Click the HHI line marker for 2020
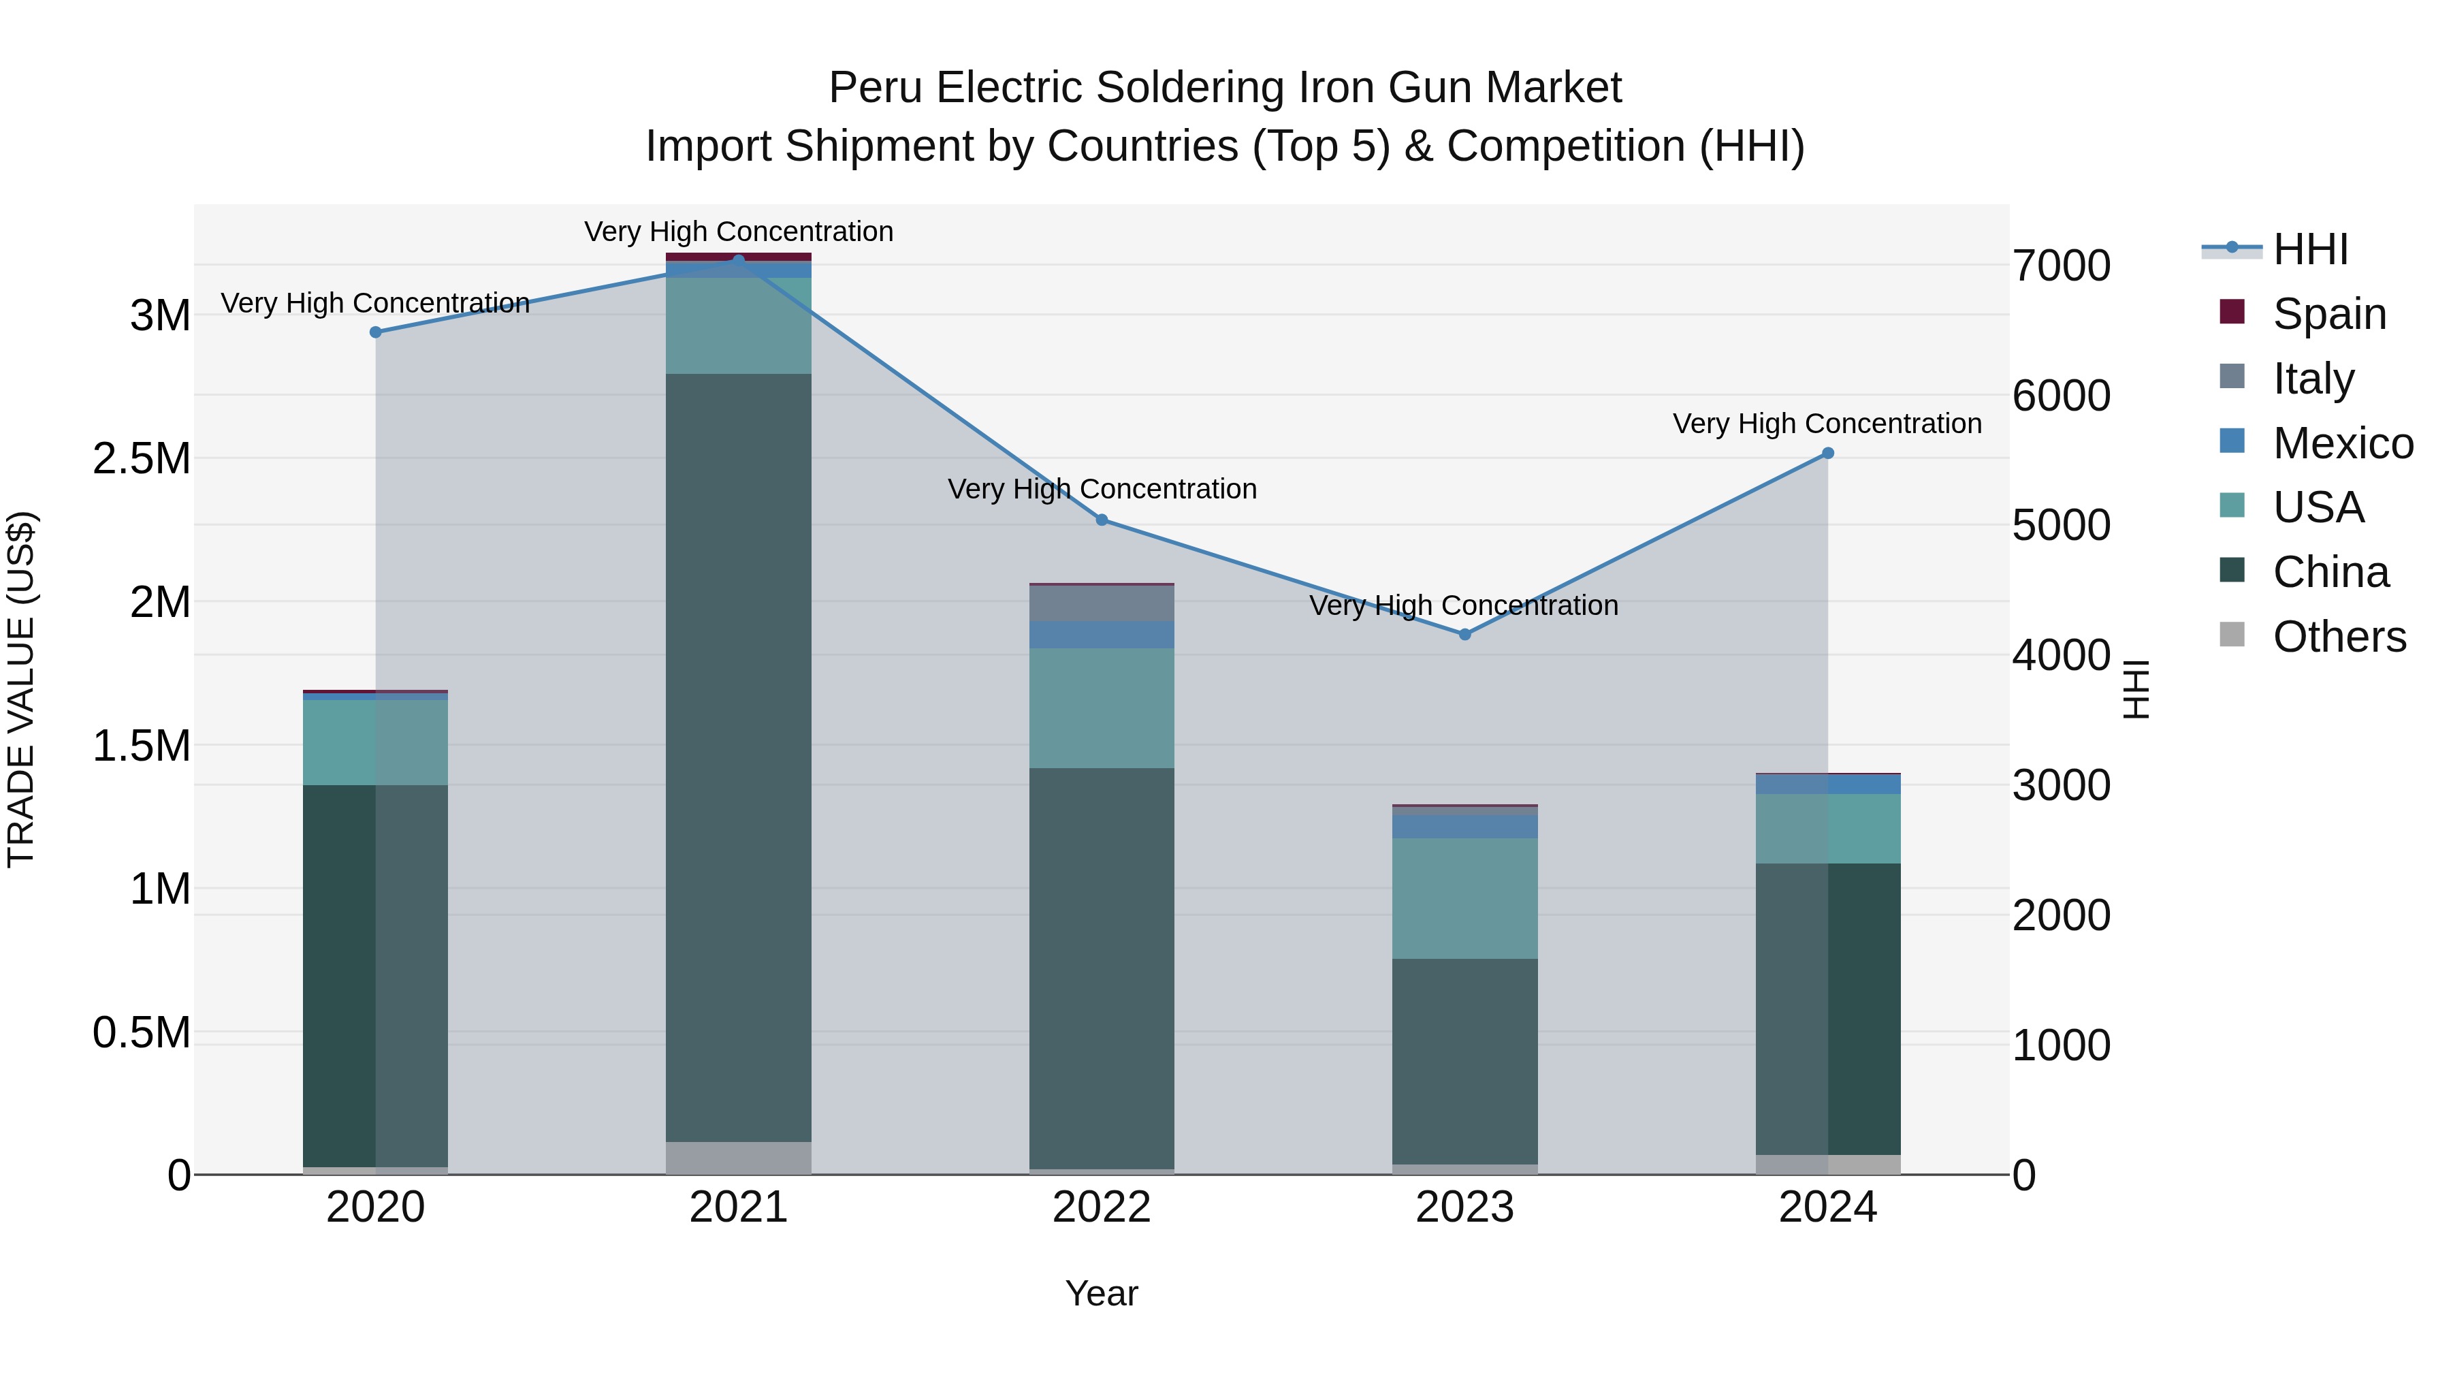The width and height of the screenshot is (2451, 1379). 376,332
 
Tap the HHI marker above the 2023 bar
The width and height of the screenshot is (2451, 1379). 1465,635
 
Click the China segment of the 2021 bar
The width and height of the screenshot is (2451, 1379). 738,757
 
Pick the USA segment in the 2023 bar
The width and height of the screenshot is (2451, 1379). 1465,898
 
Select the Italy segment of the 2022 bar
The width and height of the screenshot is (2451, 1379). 1102,603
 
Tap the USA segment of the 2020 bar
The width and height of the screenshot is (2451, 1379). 376,742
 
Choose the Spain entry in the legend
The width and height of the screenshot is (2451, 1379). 2329,314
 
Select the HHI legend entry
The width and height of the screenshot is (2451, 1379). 2310,249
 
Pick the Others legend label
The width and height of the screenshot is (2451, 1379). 2339,637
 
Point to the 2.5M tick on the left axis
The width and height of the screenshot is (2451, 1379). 141,459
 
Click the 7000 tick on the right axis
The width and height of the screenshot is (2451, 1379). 2062,266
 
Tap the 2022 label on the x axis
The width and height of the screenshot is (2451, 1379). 1102,1207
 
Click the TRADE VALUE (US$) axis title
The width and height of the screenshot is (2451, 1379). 21,689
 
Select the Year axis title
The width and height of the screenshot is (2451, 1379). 1102,1293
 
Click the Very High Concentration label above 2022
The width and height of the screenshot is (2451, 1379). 1102,489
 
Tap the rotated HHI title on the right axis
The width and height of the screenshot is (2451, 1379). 2136,689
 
